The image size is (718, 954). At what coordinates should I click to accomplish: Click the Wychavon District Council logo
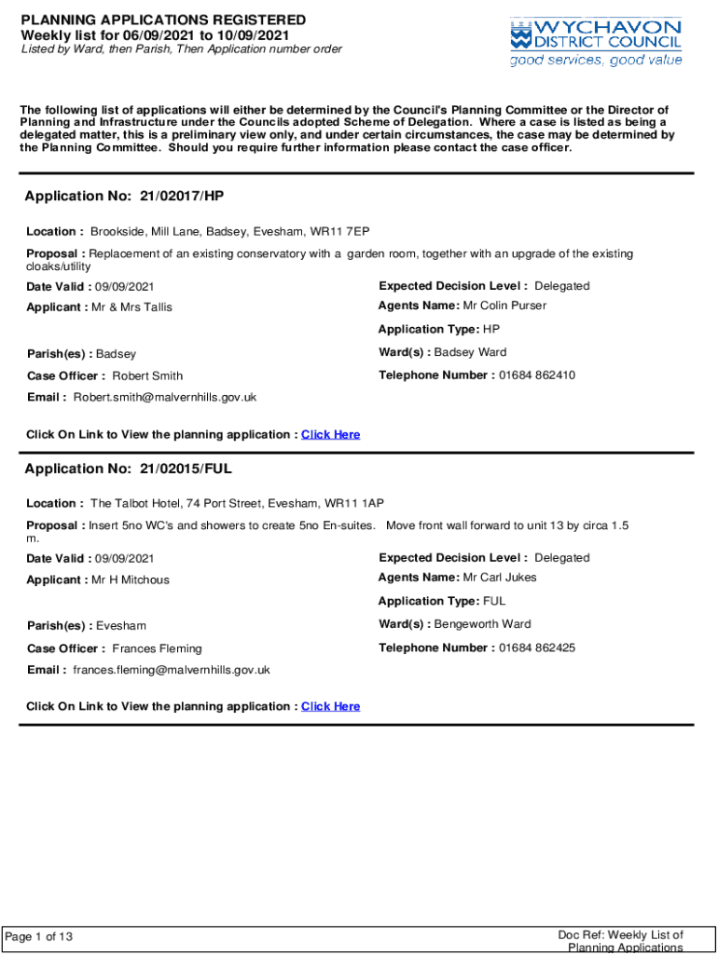coord(596,34)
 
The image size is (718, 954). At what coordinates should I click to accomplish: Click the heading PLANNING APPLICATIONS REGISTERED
coord(163,20)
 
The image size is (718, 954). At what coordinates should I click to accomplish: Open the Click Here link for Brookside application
coord(330,435)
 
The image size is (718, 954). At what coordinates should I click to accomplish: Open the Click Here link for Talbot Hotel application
coord(330,707)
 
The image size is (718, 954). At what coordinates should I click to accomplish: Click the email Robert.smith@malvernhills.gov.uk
coord(165,398)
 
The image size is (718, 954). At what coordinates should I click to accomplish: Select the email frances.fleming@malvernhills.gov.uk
coord(172,670)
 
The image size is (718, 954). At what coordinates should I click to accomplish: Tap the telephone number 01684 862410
coord(536,375)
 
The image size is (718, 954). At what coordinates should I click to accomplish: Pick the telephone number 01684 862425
coord(536,647)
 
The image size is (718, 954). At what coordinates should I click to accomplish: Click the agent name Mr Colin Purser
coord(504,306)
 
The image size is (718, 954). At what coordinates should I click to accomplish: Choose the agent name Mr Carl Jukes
coord(500,578)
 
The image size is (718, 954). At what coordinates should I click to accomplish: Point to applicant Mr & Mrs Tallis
coord(131,307)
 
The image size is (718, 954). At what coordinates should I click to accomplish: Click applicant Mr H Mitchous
coord(131,579)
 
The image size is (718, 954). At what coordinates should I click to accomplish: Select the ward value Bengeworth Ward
coord(482,624)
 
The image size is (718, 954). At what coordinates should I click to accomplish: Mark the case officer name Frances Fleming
coord(157,648)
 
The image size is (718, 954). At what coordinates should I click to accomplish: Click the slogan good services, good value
coord(596,61)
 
